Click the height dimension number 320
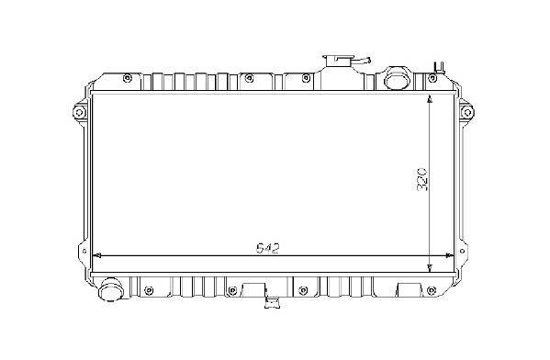tap(421, 179)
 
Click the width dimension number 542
tap(268, 249)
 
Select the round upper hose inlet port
tap(398, 78)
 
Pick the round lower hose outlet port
tap(110, 289)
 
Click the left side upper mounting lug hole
tap(79, 113)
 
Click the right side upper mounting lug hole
tap(466, 113)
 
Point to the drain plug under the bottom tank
tap(273, 302)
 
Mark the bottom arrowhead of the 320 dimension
tap(430, 268)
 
